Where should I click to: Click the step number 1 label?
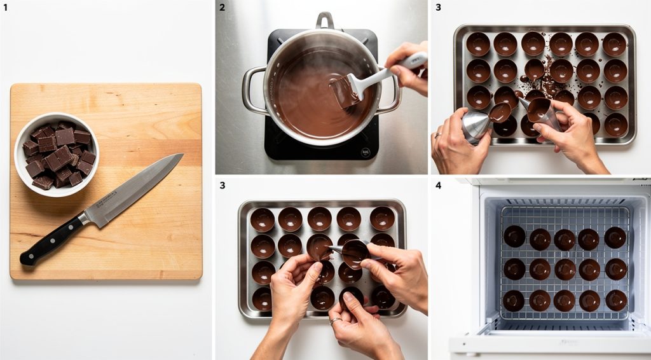(6, 8)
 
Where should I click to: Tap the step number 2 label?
(222, 8)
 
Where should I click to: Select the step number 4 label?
(437, 186)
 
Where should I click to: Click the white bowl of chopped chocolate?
(57, 154)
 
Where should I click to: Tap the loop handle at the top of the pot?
(325, 20)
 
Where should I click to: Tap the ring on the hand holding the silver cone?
(437, 135)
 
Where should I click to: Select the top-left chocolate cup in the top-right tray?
(478, 44)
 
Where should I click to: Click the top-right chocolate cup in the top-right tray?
(615, 44)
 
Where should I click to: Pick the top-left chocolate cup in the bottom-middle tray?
(262, 219)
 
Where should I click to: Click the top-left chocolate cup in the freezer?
(514, 236)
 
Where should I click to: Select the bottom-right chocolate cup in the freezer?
(615, 300)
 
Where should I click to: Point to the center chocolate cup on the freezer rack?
(565, 269)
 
